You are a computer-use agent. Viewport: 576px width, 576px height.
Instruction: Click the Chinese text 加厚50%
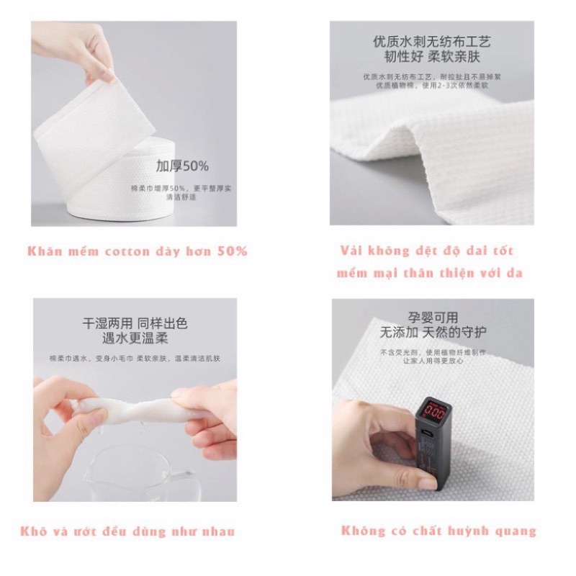point(182,166)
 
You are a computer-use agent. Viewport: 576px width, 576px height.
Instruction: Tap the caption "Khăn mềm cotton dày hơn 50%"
point(138,251)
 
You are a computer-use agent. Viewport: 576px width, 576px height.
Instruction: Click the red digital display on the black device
point(436,411)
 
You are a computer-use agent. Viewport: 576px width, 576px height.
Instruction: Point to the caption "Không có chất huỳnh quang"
point(438,531)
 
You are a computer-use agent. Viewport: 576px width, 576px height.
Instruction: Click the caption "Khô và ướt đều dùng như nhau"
point(134,531)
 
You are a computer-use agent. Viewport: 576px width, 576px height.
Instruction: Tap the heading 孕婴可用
point(430,318)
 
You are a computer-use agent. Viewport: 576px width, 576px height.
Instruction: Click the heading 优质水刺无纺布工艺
point(431,41)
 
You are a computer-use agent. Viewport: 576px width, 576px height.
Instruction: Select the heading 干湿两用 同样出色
point(135,324)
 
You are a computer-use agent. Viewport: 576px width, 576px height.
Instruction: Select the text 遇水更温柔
point(135,339)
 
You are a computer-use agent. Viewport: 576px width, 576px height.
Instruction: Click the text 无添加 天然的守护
point(430,333)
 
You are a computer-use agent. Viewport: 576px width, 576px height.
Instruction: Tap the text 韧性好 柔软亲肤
point(431,56)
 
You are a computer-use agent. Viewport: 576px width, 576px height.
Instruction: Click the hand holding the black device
point(374,446)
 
